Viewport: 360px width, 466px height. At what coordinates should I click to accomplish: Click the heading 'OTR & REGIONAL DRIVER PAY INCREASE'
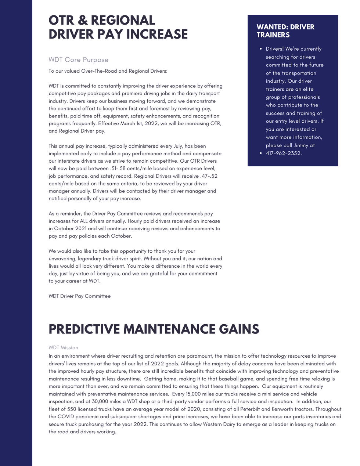pos(118,27)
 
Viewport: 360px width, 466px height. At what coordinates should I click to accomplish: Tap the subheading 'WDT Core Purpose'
pos(78,60)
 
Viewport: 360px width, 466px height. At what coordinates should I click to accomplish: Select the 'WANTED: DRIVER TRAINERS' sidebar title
pos(285,31)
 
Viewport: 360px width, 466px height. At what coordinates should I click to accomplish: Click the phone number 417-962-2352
pos(284,153)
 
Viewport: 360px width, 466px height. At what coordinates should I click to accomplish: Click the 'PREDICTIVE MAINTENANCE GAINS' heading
pos(154,329)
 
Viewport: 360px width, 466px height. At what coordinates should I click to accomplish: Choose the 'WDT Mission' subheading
pos(63,347)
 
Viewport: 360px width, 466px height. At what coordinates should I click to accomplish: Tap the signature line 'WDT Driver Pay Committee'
pos(79,296)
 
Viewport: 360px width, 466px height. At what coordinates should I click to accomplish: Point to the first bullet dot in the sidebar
pos(260,49)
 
